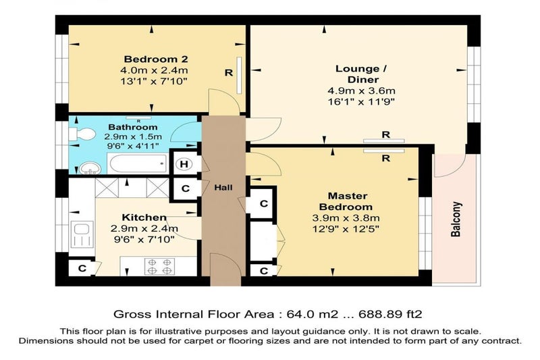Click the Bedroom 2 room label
point(156,59)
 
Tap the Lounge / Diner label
point(361,74)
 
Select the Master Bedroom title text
point(346,201)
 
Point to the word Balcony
point(456,219)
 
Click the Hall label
point(223,187)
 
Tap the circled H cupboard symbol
point(184,164)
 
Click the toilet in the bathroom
point(82,134)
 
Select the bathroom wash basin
point(90,168)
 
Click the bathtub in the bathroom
point(138,163)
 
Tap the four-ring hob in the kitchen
point(160,267)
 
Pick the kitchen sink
point(82,234)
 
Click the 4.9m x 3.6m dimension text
point(361,91)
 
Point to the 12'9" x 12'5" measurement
point(346,229)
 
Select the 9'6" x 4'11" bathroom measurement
point(133,146)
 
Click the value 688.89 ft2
point(390,314)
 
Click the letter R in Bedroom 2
point(229,73)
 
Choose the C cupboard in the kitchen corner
point(82,268)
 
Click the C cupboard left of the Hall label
point(186,188)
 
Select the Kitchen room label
point(144,217)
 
